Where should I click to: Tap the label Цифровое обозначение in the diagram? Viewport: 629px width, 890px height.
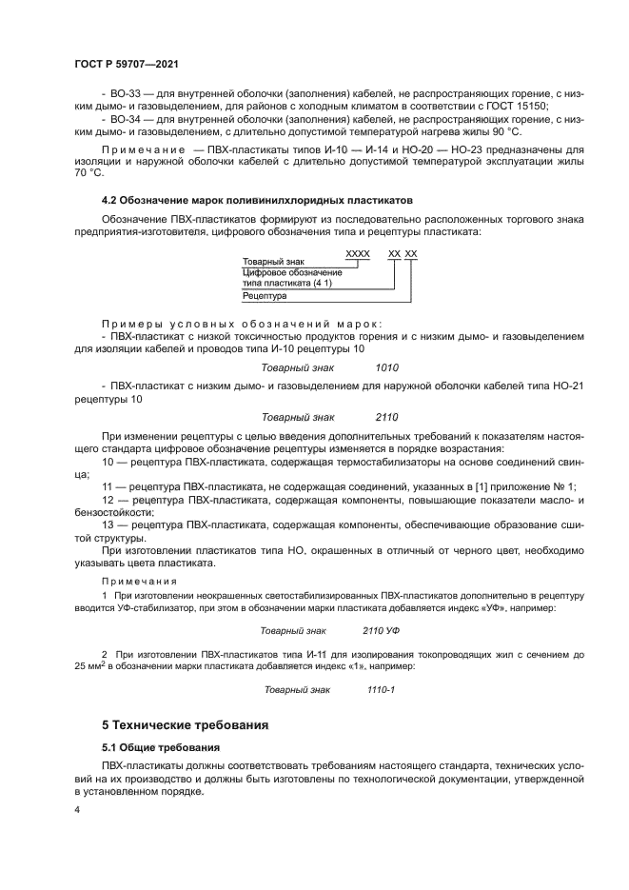point(285,273)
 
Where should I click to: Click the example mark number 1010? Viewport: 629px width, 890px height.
point(386,367)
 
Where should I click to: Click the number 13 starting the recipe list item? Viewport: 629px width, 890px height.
point(108,524)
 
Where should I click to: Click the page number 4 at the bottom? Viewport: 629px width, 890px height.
point(77,810)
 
